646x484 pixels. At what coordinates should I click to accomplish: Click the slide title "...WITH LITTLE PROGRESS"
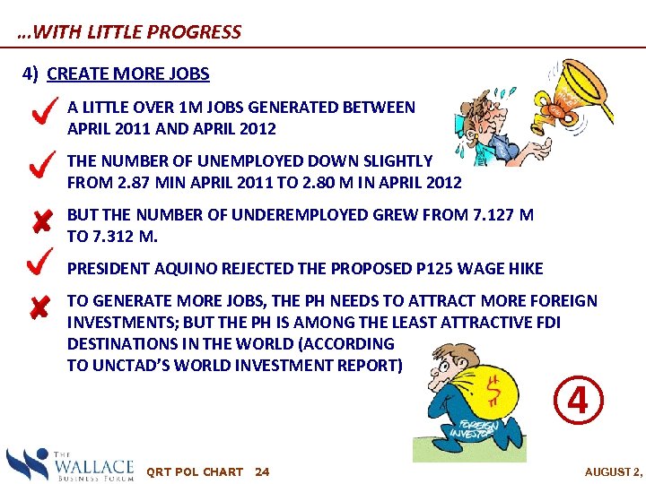coord(129,32)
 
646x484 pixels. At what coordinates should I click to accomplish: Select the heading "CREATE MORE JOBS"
coord(127,74)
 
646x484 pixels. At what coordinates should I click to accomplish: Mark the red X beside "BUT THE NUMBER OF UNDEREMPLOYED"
coord(39,220)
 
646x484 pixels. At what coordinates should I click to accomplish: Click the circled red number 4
coord(578,401)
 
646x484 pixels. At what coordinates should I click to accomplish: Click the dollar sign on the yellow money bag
coord(493,391)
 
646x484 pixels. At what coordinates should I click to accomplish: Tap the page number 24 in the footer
coord(262,471)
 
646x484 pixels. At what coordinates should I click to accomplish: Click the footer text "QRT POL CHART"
coord(194,471)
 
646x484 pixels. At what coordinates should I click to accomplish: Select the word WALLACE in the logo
coord(93,466)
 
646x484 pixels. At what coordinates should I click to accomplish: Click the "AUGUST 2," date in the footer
coord(613,471)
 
